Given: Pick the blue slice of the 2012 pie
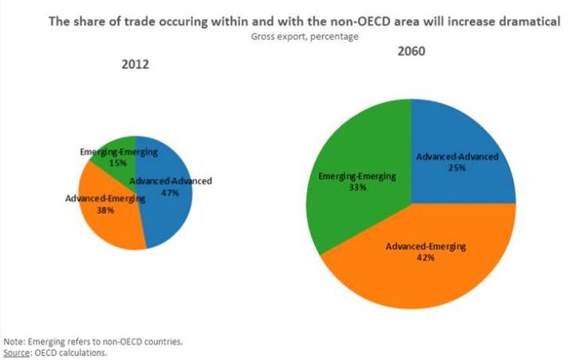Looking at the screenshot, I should click(171, 216).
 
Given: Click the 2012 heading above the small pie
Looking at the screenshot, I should click(136, 65).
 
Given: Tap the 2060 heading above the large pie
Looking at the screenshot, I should click(411, 52).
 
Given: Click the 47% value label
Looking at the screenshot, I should click(171, 192).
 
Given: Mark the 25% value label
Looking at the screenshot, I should click(458, 168).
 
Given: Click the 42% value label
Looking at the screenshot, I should click(426, 258).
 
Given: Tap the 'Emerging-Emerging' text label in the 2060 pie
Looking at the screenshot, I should click(353, 176).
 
